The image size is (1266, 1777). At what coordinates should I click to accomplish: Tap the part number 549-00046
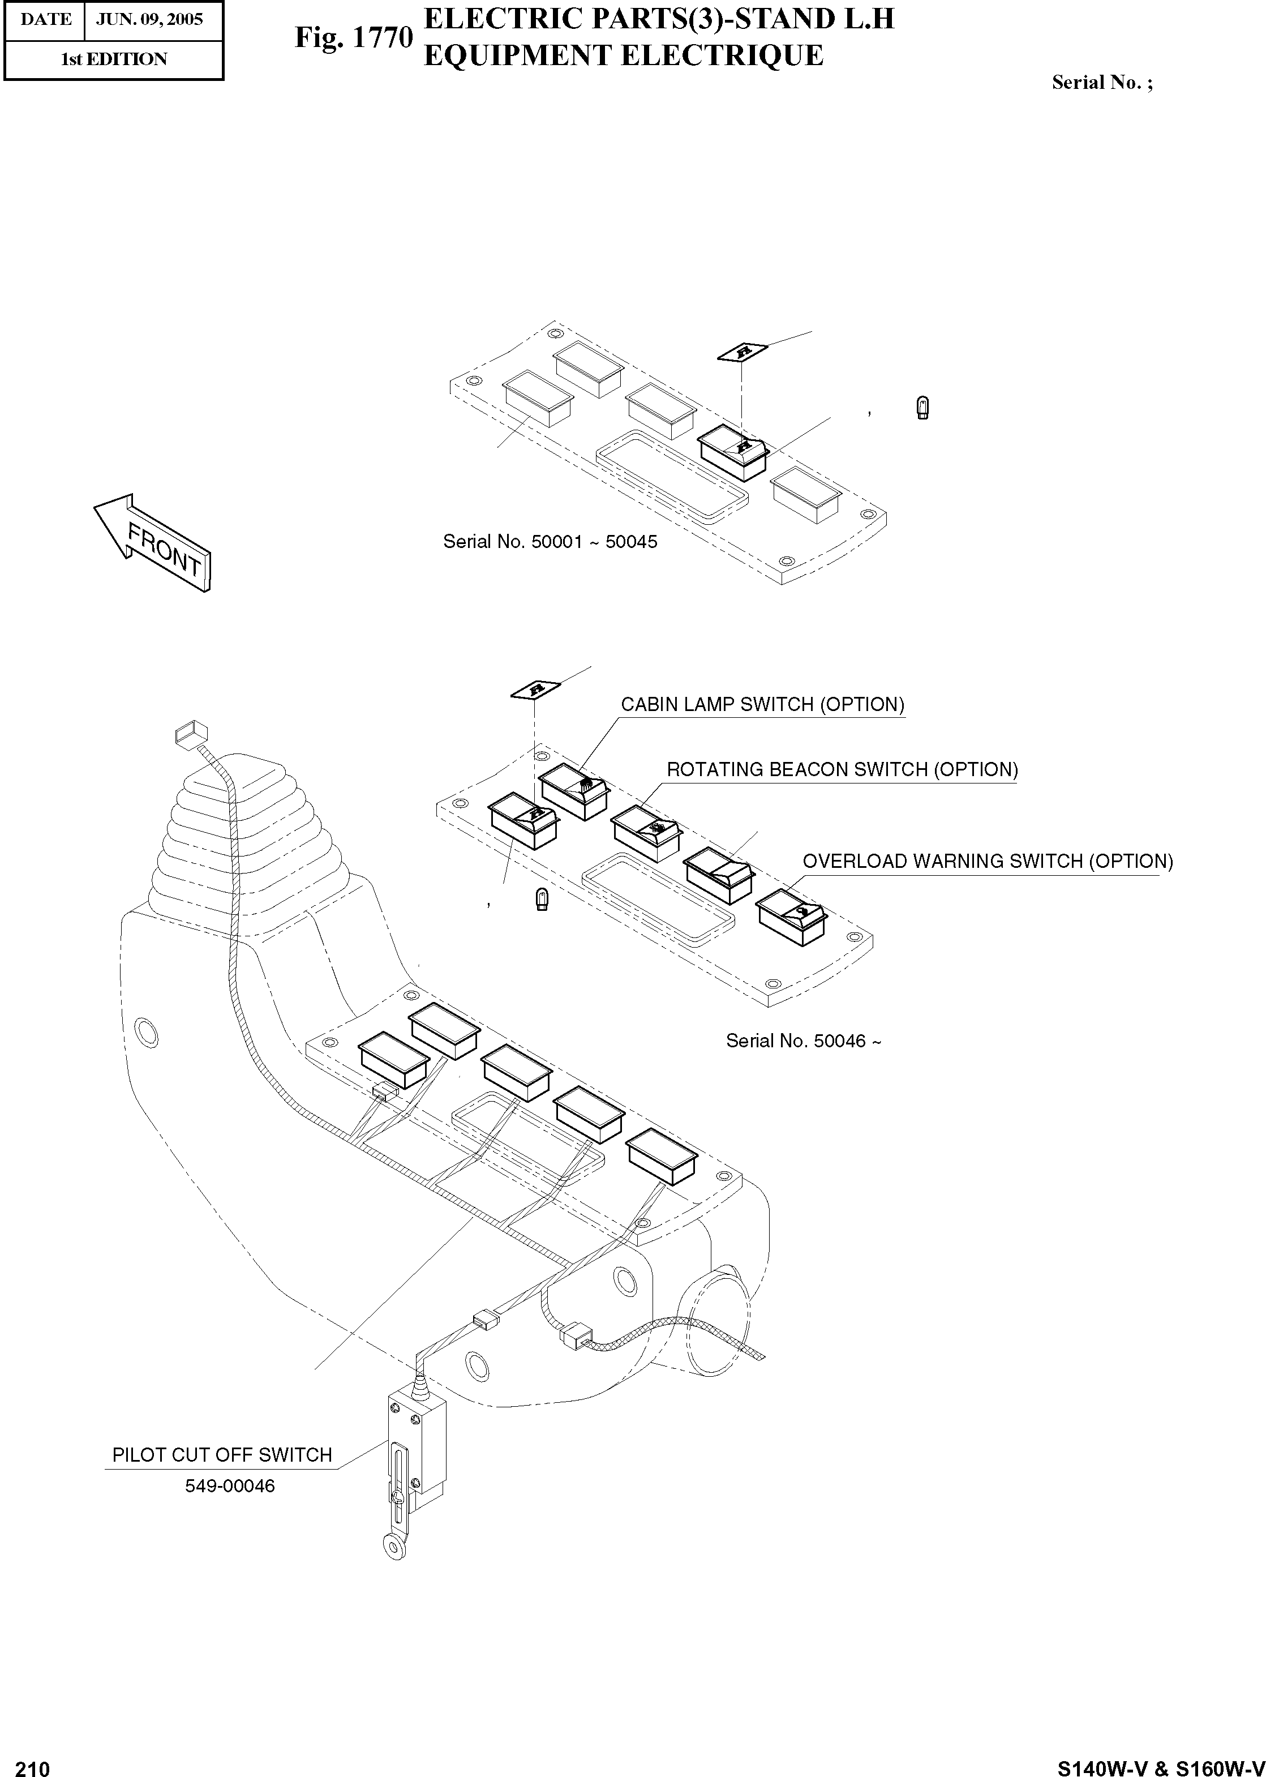[230, 1486]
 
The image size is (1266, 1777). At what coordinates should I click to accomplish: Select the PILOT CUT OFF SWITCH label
[222, 1455]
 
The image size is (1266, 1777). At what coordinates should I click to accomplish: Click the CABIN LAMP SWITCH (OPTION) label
[762, 705]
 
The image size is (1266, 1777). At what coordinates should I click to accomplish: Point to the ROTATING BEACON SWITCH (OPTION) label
[842, 769]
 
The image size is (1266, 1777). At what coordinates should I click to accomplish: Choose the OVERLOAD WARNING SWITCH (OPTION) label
[987, 862]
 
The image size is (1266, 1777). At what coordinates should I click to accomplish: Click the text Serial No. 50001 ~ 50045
[550, 542]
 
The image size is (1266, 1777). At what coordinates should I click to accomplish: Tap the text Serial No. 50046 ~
[803, 1041]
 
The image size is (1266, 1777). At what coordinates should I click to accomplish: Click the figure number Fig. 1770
[353, 37]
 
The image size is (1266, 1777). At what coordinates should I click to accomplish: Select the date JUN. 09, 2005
[149, 19]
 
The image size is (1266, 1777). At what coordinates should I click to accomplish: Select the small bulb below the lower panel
[542, 901]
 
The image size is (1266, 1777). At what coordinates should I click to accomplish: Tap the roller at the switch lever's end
[395, 1545]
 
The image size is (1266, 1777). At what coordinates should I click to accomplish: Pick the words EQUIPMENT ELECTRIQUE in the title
[623, 56]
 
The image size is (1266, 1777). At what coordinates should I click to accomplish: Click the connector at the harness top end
[191, 734]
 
